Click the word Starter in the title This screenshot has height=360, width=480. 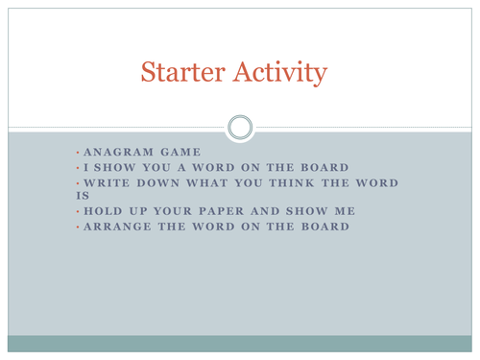pos(183,72)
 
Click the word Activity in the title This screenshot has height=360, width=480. pos(280,73)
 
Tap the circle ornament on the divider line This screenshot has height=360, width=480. pos(240,128)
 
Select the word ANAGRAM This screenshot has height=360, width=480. pos(119,152)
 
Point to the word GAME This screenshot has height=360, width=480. pos(180,152)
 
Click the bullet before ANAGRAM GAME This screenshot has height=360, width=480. pos(78,153)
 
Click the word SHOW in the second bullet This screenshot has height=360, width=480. pos(114,167)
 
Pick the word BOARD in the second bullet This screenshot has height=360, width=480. pos(324,167)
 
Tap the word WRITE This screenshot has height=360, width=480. pos(107,183)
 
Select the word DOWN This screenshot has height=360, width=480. pos(158,183)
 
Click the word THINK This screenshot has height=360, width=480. pos(292,183)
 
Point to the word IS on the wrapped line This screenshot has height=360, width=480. pos(83,196)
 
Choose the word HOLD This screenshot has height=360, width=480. pos(103,211)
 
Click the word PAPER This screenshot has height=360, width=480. pos(221,211)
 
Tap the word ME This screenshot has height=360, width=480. pos(345,211)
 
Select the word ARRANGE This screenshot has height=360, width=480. pos(117,227)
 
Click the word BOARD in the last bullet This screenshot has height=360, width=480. pos(325,227)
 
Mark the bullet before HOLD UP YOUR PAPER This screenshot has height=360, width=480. pos(78,211)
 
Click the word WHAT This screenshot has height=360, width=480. pos(207,183)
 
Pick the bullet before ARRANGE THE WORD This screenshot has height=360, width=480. pos(78,227)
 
